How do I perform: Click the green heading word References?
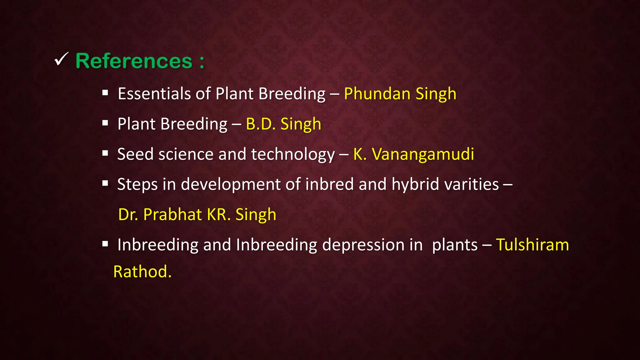(x=134, y=61)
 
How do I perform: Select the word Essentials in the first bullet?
(x=154, y=94)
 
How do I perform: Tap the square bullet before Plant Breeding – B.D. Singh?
(x=105, y=123)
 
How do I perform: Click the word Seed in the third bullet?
(x=135, y=154)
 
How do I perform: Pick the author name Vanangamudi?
(x=423, y=154)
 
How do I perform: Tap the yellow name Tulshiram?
(x=532, y=245)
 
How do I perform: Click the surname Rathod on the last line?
(x=142, y=272)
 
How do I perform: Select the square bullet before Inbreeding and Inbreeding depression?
(x=105, y=244)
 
